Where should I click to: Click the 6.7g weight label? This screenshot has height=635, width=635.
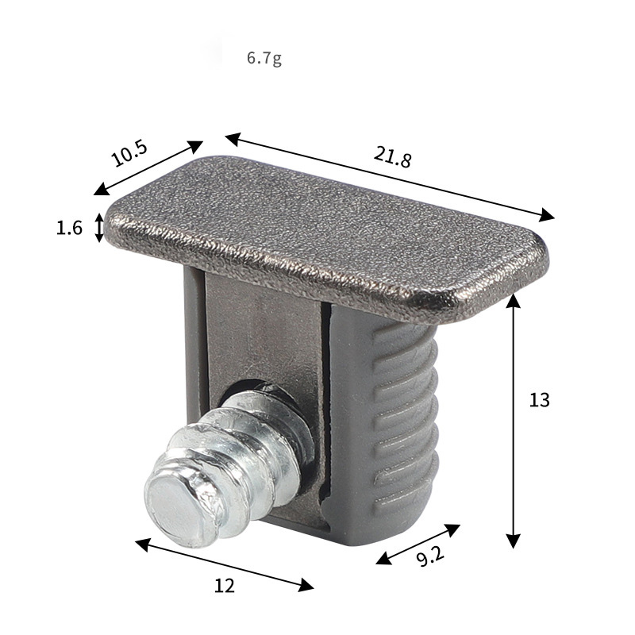click(264, 58)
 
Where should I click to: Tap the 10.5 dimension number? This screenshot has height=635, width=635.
click(129, 154)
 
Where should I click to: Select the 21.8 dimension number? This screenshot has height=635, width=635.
click(392, 156)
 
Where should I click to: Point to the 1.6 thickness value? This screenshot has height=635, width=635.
click(69, 228)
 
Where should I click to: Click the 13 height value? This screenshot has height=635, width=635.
click(539, 400)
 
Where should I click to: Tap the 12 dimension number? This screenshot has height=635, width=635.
click(225, 586)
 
